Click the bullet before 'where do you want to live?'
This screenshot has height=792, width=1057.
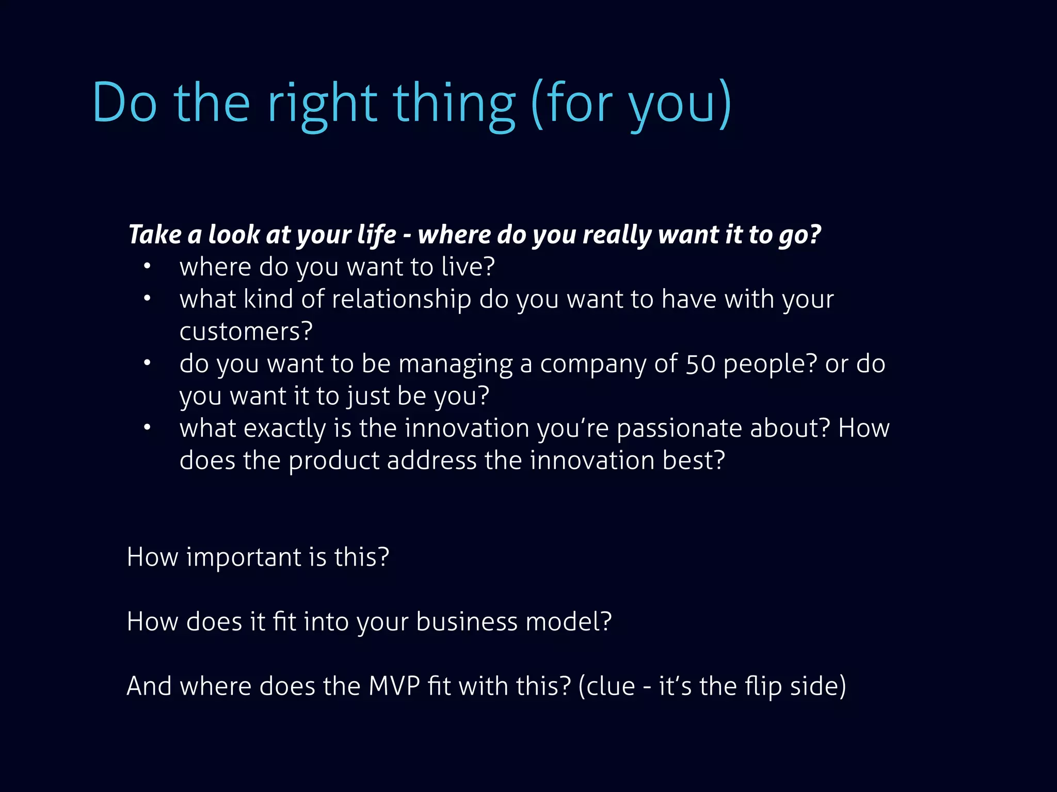click(x=147, y=266)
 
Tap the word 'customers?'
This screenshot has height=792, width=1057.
click(x=246, y=332)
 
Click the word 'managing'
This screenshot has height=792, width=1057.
click(x=455, y=364)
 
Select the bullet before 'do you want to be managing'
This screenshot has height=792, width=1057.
click(x=147, y=363)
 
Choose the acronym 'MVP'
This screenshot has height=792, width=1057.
click(x=394, y=686)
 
